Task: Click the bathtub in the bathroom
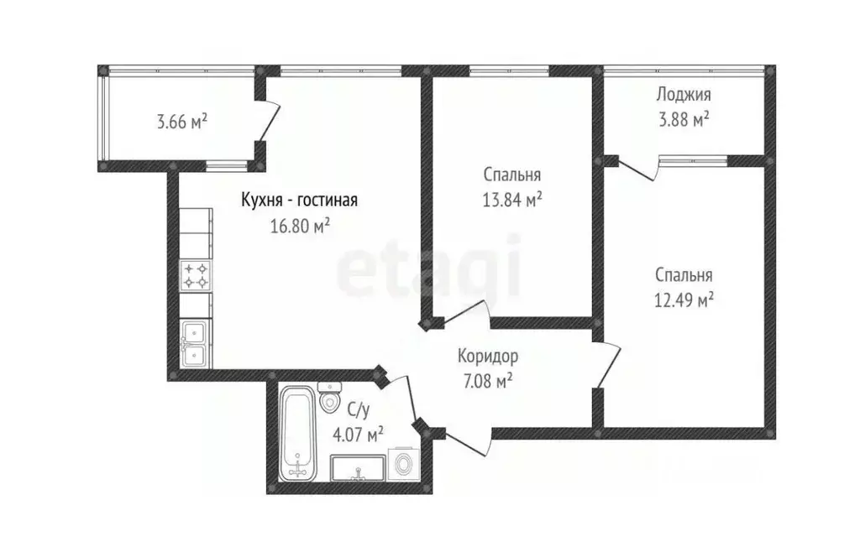(296, 431)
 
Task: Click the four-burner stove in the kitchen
(196, 276)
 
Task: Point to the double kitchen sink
(196, 345)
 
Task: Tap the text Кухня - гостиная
(300, 201)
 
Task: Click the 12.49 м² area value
(684, 300)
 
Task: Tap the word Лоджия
(684, 95)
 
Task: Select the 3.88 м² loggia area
(684, 118)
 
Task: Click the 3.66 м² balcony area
(181, 122)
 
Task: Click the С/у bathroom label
(358, 410)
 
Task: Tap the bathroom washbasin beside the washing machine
(359, 467)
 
